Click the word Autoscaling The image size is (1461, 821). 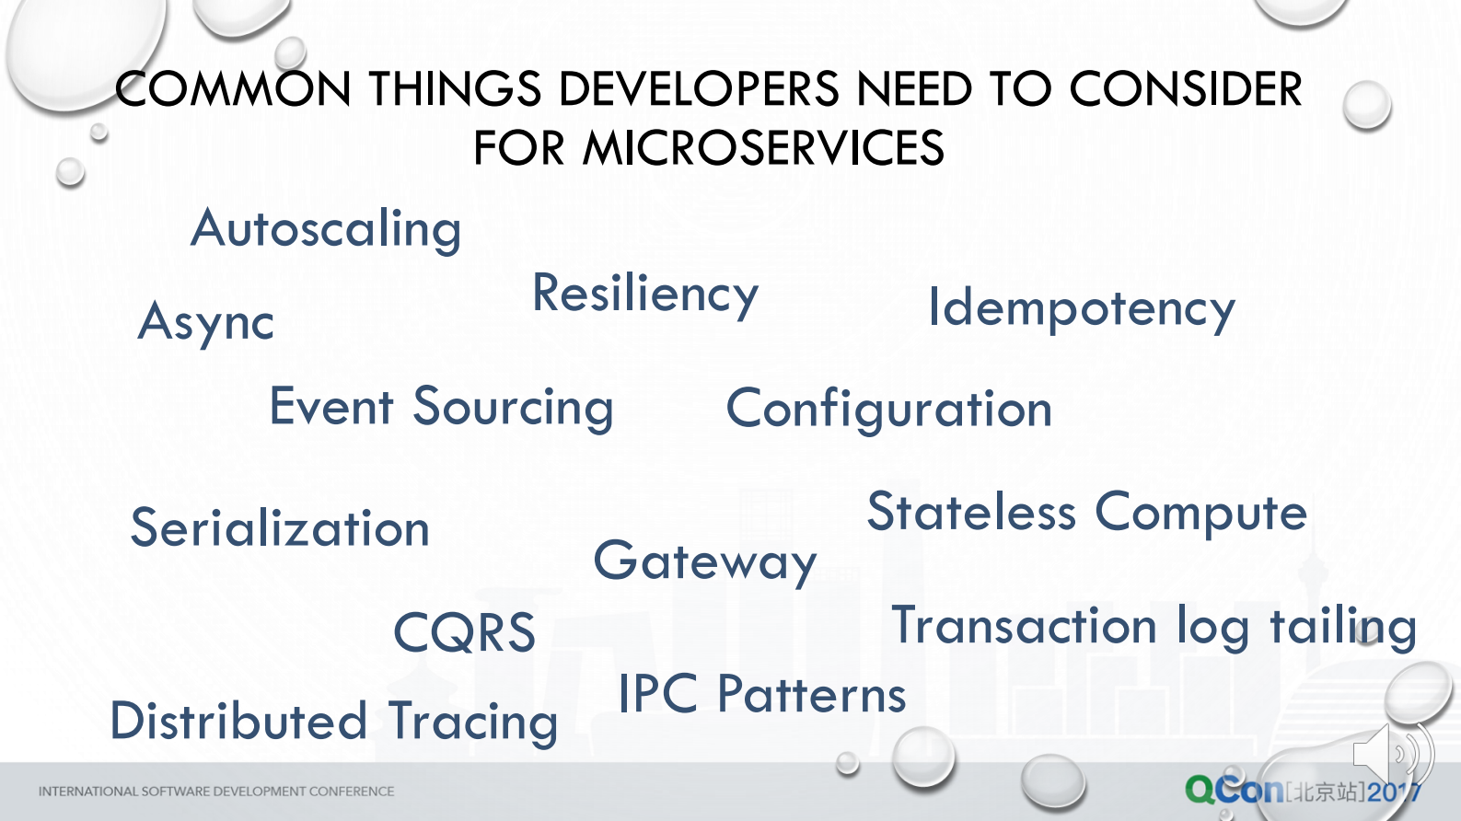click(326, 229)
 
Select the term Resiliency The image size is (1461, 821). click(645, 295)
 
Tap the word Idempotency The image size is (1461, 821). click(1081, 308)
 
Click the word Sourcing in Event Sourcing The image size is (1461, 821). click(513, 408)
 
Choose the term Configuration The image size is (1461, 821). click(888, 410)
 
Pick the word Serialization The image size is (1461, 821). click(280, 528)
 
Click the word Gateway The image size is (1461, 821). click(705, 561)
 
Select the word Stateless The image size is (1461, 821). click(971, 512)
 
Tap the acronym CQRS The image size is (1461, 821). click(464, 632)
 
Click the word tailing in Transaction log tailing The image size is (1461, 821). click(1342, 627)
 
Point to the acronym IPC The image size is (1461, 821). click(657, 694)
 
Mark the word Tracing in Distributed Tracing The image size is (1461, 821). click(473, 722)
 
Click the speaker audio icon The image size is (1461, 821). click(1390, 754)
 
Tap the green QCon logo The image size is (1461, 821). click(1234, 790)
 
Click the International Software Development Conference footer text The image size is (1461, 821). click(216, 792)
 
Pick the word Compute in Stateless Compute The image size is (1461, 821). click(1200, 512)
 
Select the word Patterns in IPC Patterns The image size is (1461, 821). click(811, 694)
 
